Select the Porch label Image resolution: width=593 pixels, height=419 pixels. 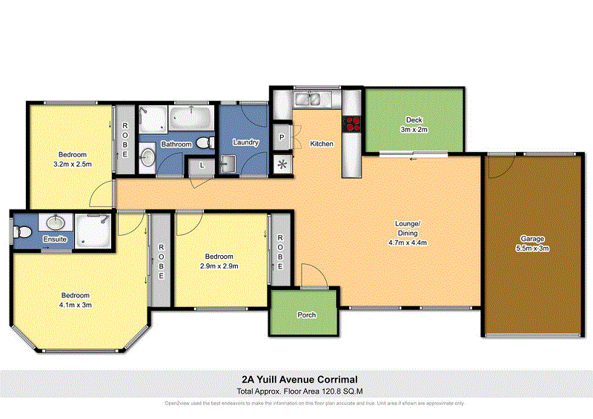coord(306,315)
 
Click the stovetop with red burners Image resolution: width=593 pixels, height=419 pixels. coord(351,124)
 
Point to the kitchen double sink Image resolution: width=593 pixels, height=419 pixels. coord(306,98)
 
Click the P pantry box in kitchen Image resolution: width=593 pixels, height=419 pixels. coord(282,138)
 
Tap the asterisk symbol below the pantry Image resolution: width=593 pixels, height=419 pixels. coord(282,164)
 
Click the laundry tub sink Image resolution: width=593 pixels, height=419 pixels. coord(227,162)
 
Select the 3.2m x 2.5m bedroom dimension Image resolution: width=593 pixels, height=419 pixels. coord(72,164)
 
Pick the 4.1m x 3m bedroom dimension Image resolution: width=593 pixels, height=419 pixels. coord(76,304)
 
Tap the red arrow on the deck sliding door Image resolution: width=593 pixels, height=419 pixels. coord(412,158)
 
